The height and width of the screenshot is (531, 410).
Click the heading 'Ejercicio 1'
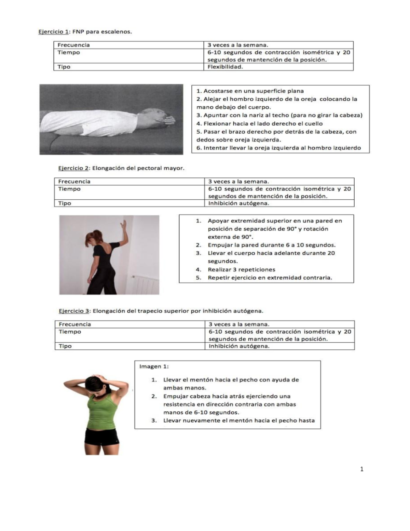(53, 32)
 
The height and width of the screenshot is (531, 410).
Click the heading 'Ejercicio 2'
(74, 168)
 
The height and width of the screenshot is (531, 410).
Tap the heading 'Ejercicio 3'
(74, 311)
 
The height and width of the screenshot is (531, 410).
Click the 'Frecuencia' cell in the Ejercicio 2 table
(74, 182)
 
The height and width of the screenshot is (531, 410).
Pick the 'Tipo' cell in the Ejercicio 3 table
(65, 346)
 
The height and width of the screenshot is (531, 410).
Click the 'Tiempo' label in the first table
(69, 53)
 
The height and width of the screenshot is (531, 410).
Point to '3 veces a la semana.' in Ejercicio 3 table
(239, 324)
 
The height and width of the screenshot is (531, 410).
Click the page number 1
(362, 469)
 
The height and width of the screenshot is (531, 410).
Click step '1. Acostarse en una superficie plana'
(250, 91)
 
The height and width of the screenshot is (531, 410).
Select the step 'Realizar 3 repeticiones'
(241, 269)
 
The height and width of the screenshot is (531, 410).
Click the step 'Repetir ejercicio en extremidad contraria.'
(270, 278)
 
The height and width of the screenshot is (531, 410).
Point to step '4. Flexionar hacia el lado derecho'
(259, 123)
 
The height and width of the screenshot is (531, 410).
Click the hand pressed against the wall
(123, 226)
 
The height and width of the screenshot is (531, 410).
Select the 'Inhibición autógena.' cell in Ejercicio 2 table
(238, 203)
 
